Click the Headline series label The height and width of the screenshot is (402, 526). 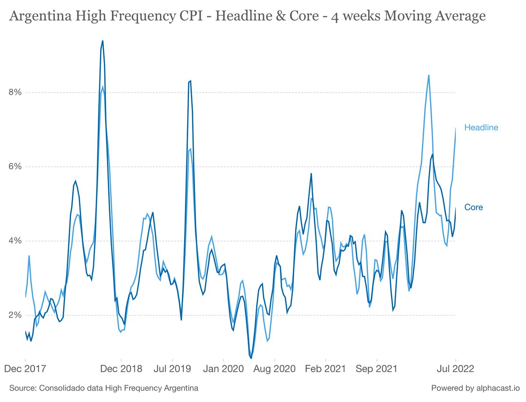(481, 127)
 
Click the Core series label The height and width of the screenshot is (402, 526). (473, 207)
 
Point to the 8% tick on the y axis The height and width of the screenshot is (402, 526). (15, 92)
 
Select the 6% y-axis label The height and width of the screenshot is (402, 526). (15, 166)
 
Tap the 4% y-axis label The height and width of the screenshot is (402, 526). (15, 240)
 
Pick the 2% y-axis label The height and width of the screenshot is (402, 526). (15, 315)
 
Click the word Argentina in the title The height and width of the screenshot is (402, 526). (40, 16)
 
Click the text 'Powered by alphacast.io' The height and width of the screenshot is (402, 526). (476, 388)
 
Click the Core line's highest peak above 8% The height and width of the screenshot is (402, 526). (103, 41)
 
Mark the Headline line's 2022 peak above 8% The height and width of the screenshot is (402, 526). (428, 75)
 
